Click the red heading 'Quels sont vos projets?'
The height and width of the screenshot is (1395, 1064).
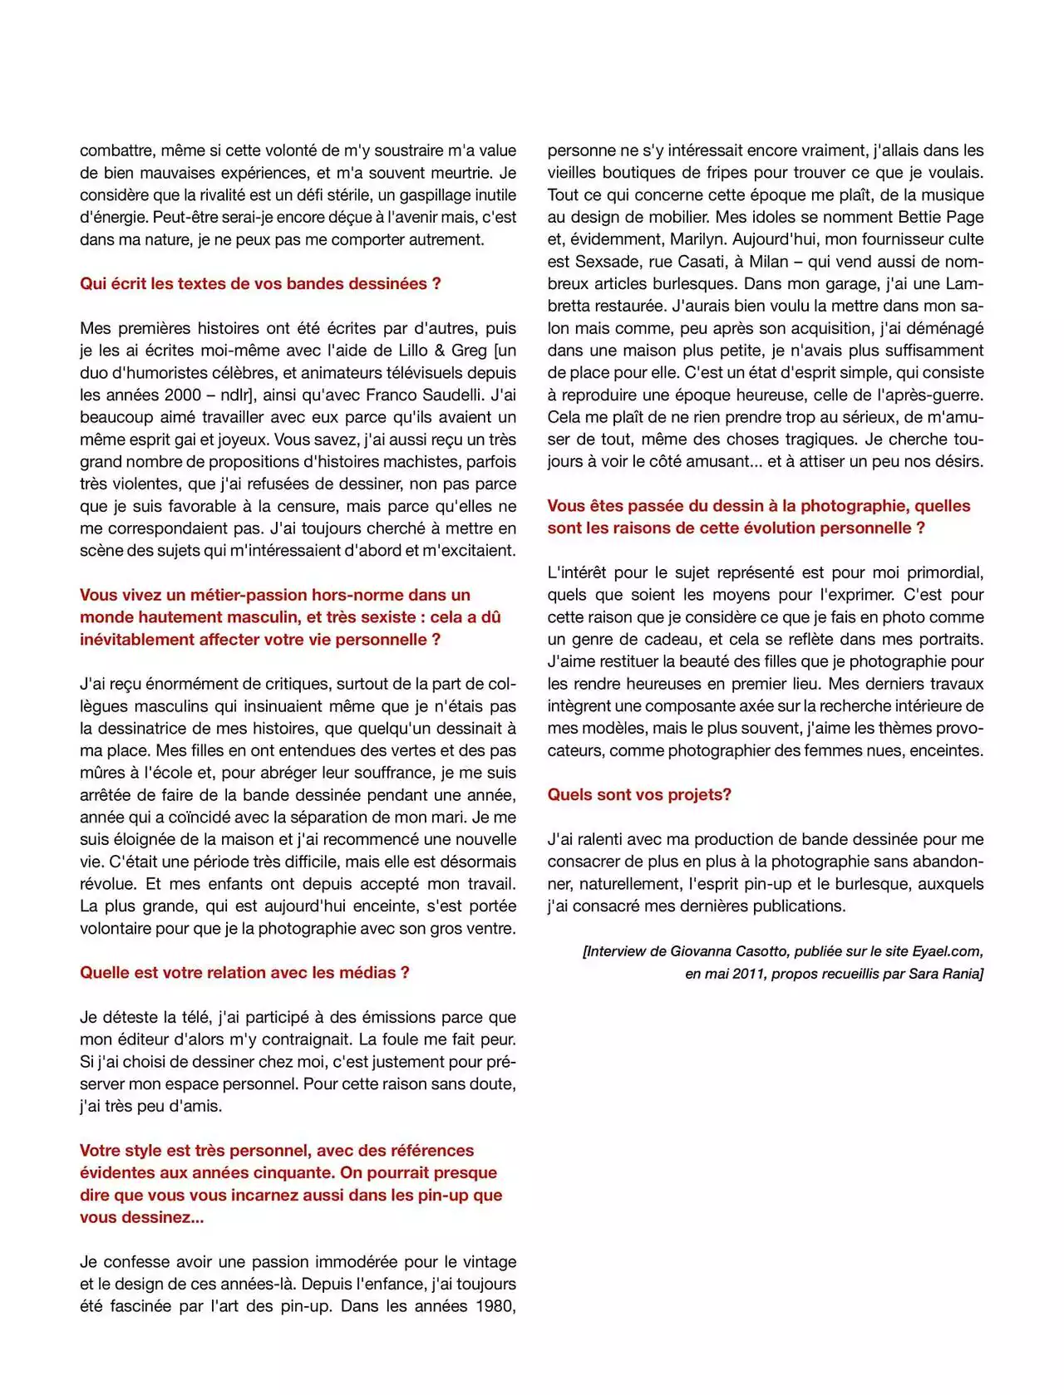tap(638, 795)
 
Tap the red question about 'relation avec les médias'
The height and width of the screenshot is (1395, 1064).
tap(244, 973)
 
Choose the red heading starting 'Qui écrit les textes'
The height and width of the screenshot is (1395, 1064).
tap(260, 284)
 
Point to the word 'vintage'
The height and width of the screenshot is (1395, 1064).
tap(486, 1262)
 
